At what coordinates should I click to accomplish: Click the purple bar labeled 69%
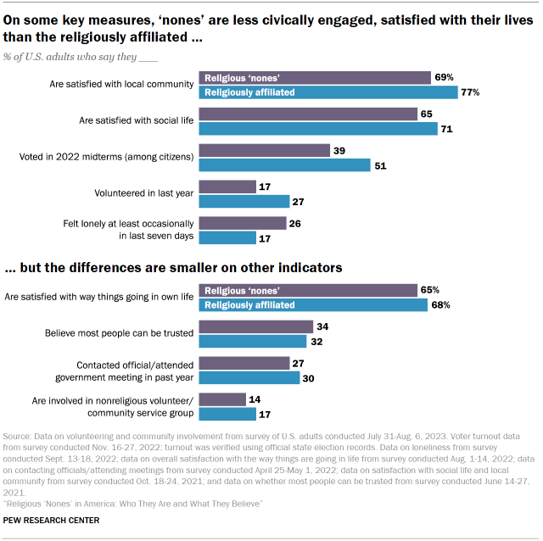tap(314, 78)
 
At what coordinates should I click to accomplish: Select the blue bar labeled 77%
tap(327, 92)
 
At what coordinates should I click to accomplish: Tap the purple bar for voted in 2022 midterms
tap(264, 150)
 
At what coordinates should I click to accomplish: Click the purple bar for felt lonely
tap(242, 223)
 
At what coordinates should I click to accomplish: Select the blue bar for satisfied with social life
tap(317, 129)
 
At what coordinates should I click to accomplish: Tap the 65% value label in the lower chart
tap(431, 290)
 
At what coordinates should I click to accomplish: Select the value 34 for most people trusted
tap(323, 326)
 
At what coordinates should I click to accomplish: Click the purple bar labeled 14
tap(221, 399)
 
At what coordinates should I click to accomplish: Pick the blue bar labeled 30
tap(249, 377)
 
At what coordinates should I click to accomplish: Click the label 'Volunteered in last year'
tap(147, 193)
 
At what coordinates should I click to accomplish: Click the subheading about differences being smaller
tap(173, 267)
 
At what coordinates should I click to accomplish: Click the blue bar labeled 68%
tap(312, 304)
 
